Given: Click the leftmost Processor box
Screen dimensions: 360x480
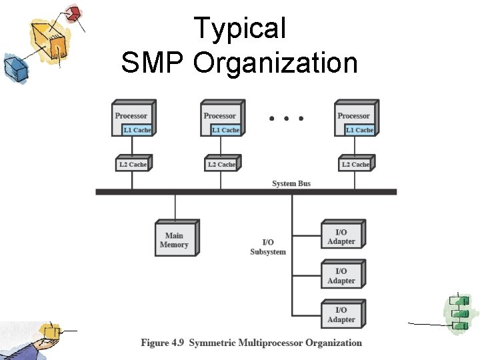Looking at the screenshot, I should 132,118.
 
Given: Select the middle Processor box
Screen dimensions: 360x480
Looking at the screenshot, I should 221,118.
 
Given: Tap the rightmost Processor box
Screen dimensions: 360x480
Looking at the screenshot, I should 355,118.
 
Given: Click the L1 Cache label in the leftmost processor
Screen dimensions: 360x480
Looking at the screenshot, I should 137,130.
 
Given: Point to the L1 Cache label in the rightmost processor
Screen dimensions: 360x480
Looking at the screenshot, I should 359,130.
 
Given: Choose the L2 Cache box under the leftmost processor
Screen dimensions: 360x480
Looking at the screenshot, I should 132,164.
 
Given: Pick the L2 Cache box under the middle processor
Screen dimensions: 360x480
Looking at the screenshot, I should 221,164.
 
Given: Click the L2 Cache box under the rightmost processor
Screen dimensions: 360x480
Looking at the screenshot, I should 355,164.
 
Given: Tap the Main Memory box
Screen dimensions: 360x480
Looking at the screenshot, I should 174,240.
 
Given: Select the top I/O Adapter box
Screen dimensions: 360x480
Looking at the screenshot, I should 341,237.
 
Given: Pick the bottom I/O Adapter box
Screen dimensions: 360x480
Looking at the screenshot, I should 341,315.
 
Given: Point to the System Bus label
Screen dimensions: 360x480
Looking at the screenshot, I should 291,183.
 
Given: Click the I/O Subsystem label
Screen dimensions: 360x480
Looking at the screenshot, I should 268,247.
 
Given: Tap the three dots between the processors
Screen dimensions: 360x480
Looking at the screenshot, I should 286,119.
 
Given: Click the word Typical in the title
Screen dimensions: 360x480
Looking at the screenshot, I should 239,29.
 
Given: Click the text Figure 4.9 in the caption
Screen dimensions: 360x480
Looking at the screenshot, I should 162,343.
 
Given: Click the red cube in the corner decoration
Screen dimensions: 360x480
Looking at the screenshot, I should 75,13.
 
